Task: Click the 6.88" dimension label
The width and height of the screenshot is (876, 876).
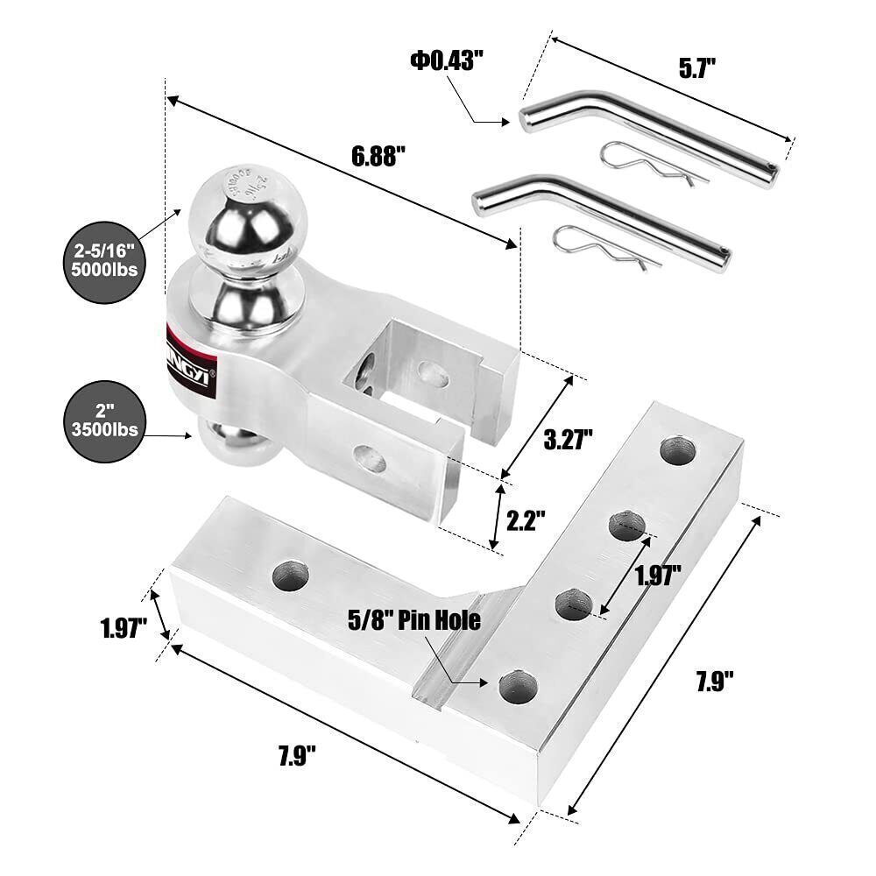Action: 378,157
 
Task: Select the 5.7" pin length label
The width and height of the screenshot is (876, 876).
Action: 699,68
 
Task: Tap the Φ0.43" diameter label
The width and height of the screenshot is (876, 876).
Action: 445,60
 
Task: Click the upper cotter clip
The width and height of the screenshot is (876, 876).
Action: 652,164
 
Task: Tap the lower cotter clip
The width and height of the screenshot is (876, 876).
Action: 604,246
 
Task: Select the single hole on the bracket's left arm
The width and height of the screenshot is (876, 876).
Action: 291,576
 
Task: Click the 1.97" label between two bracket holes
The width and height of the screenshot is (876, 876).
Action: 658,576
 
